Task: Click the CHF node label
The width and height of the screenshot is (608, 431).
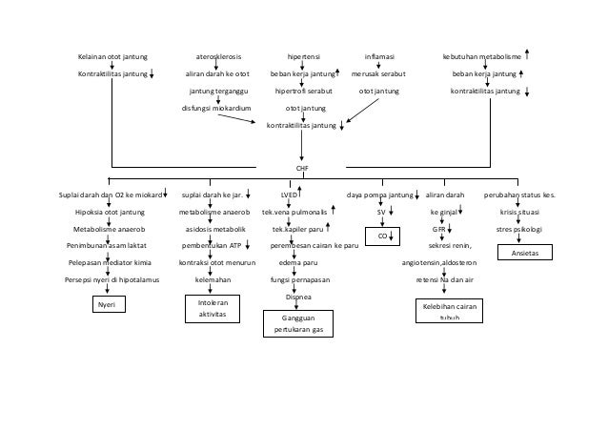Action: [x=302, y=167]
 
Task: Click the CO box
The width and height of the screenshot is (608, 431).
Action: [x=381, y=235]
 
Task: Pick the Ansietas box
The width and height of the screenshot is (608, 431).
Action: [x=525, y=254]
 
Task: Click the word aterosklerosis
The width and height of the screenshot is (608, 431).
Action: [x=217, y=55]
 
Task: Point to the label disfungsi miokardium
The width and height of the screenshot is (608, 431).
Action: [x=216, y=108]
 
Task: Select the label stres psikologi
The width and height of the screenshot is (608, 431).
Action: [x=520, y=229]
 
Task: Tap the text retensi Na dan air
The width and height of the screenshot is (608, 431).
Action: [x=445, y=279]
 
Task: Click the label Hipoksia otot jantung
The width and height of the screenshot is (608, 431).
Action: [x=110, y=212]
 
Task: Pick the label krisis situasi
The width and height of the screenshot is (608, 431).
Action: [x=520, y=212]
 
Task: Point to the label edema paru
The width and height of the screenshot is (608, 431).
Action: [x=297, y=262]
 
